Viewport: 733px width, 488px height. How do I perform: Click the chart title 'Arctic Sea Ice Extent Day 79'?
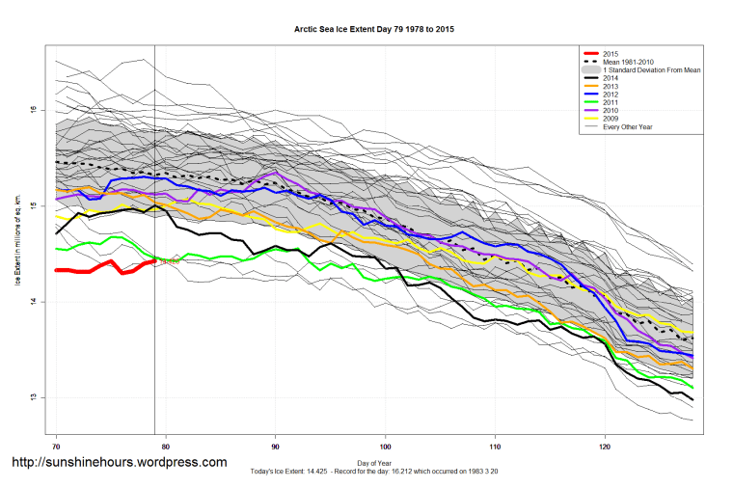374,30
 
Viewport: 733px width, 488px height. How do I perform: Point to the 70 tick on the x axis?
57,447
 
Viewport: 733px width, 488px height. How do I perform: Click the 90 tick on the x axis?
276,447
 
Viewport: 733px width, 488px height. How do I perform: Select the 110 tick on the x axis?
495,447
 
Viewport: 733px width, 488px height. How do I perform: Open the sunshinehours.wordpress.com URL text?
119,463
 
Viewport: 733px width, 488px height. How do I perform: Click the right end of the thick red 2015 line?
154,260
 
